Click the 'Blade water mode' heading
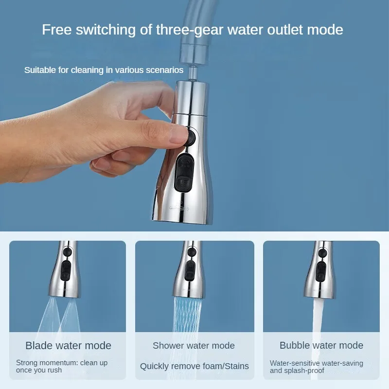[x=68, y=346]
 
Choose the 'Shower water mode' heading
[x=194, y=346]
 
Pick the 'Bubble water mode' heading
[x=321, y=346]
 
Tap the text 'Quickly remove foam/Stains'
[x=194, y=366]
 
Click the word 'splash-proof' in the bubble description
[x=308, y=371]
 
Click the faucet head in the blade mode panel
[x=67, y=270]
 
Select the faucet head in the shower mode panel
[x=191, y=270]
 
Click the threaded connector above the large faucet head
[x=190, y=72]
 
